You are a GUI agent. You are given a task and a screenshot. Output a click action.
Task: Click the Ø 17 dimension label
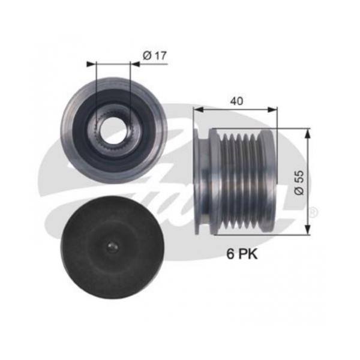coord(155,56)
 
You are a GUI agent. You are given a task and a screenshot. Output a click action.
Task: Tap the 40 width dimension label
coord(237,101)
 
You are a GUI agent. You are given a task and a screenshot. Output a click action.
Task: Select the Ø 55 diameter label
coord(299,183)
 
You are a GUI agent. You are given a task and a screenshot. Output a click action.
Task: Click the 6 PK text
coord(242,254)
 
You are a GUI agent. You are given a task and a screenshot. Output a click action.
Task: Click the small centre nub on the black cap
coord(113,247)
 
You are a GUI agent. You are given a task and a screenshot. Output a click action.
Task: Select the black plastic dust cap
coord(113,247)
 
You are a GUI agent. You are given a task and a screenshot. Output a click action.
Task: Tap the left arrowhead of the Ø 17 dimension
coord(91,64)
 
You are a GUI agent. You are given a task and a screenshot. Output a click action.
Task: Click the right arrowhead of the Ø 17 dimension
coord(135,64)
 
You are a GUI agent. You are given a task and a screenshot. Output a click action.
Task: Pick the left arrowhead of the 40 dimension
coord(199,110)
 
